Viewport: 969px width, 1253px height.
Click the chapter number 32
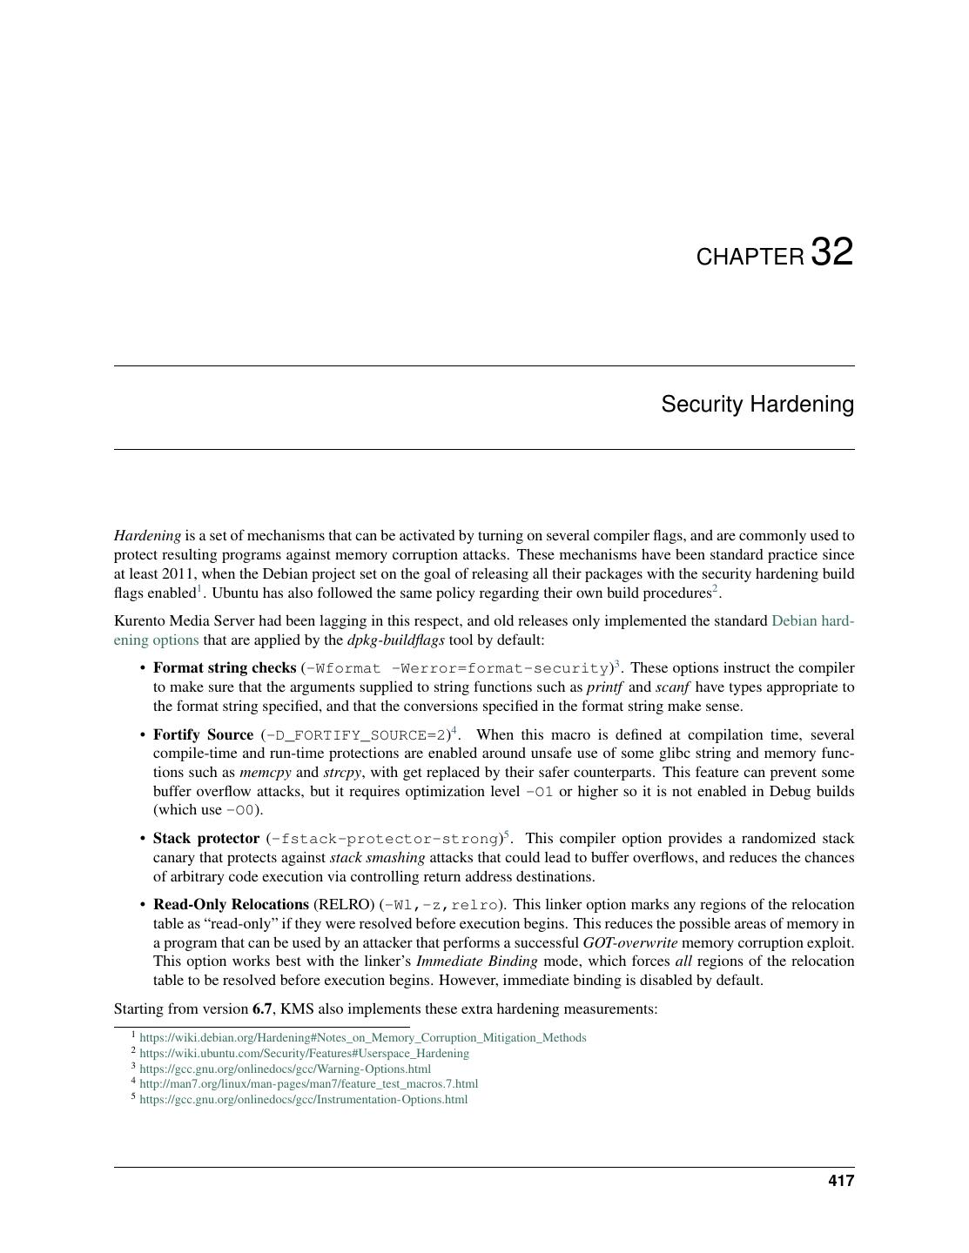831,252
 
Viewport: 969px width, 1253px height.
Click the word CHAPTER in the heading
750,258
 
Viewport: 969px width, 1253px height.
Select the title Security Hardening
757,405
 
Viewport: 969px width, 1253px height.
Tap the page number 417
841,1181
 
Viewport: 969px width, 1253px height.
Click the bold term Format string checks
225,668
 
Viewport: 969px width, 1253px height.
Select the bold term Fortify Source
203,735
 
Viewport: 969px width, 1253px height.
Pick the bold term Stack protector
206,839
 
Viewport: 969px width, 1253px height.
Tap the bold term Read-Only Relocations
231,905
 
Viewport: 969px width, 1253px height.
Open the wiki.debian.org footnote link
362,1038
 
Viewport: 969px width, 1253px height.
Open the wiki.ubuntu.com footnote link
304,1054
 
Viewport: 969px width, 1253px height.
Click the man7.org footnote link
308,1084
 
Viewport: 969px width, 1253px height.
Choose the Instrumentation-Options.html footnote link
303,1100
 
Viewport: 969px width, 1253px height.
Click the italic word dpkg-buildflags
396,640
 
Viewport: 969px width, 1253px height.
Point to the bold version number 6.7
262,1009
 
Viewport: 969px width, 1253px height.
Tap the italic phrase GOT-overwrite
629,943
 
